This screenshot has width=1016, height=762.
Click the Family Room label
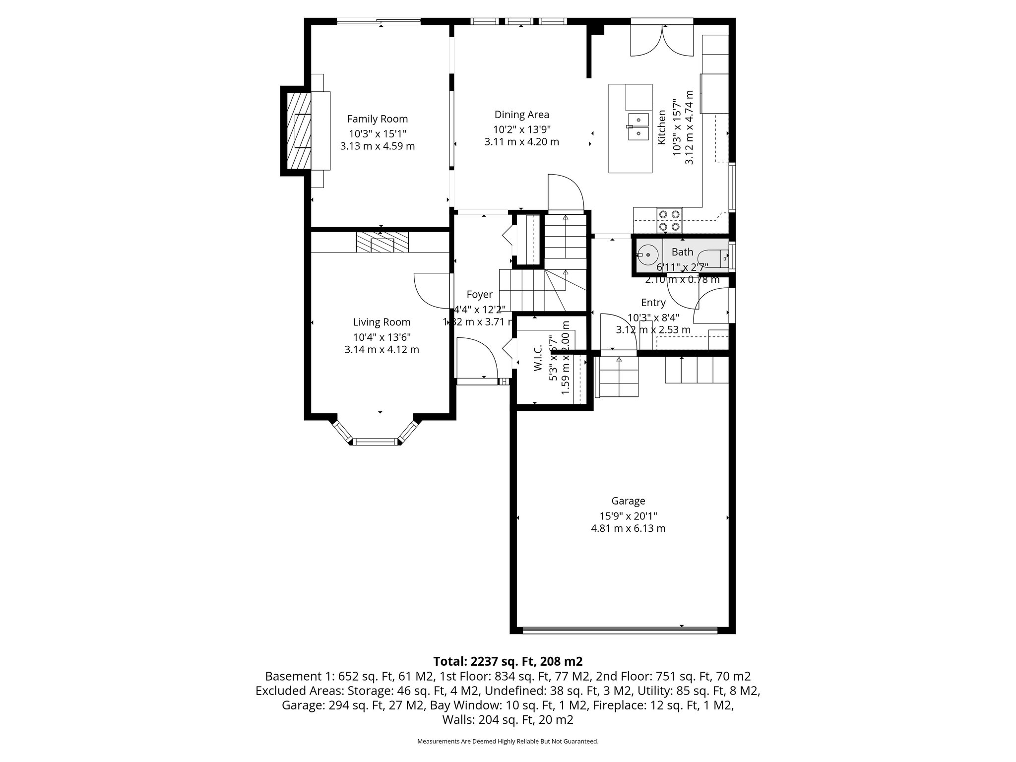pos(377,119)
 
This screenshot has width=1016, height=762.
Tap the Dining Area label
pos(521,115)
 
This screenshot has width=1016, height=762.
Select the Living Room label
pos(381,322)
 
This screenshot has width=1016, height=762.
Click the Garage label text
pos(628,501)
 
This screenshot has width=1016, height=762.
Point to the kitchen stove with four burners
pos(669,220)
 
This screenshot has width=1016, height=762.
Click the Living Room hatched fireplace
pos(382,242)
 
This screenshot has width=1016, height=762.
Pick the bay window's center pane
pos(376,442)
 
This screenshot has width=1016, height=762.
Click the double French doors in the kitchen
pos(662,41)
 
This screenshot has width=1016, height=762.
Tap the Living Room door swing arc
pos(431,291)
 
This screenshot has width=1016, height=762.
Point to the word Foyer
pos(479,295)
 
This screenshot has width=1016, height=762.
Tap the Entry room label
pos(653,303)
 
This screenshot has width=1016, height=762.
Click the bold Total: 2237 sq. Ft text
pos(508,661)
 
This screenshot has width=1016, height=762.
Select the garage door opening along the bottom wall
pos(620,631)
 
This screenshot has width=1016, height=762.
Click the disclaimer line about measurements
pos(508,741)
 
